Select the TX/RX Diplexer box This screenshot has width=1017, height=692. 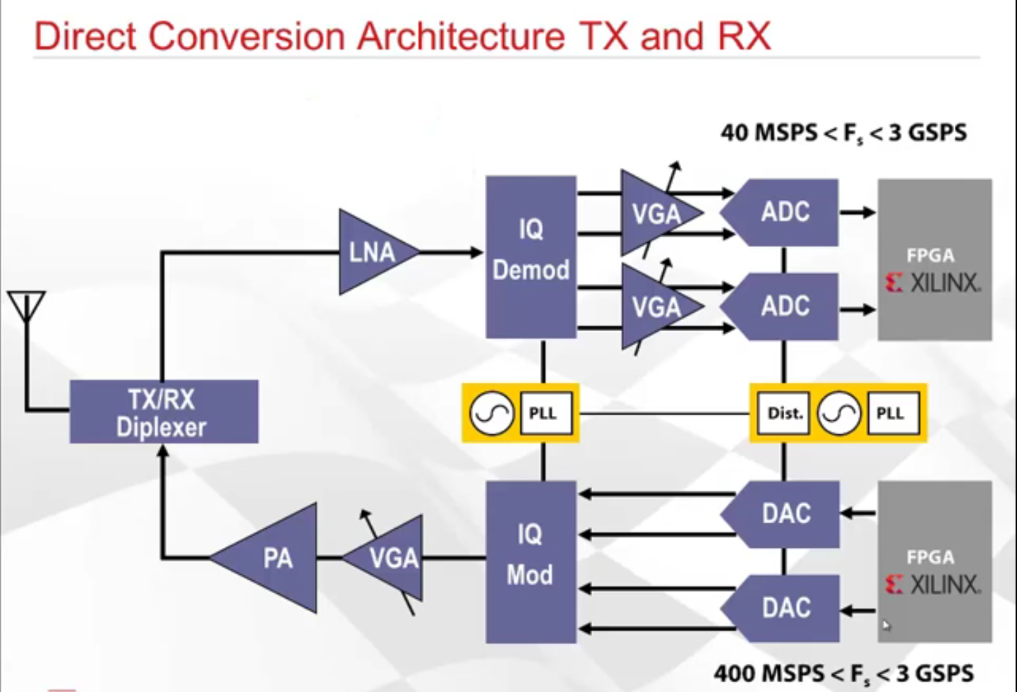coord(163,412)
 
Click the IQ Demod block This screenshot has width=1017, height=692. coord(531,256)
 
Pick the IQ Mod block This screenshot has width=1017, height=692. coord(531,561)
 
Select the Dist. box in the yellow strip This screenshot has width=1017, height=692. coord(785,413)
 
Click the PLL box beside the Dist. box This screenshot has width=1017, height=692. coord(891,413)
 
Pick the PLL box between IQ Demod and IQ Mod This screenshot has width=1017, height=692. coord(543,413)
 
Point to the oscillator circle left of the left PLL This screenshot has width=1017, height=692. coord(492,413)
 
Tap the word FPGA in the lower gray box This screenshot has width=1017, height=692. coord(930,557)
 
